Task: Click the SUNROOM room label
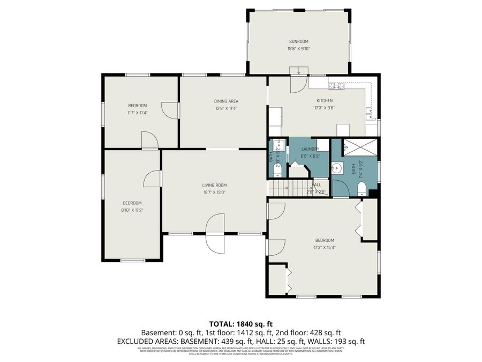[x=298, y=41]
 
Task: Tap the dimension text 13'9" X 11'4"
[x=226, y=108]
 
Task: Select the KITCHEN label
[x=324, y=101]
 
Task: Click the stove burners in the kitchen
[x=336, y=86]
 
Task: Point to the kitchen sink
[x=370, y=112]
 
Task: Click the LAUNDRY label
[x=310, y=149]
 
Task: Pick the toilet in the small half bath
[x=276, y=171]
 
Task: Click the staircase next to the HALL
[x=281, y=188]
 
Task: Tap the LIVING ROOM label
[x=214, y=186]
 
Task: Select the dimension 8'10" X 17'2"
[x=132, y=210]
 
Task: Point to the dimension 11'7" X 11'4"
[x=137, y=113]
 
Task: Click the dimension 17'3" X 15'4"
[x=324, y=247]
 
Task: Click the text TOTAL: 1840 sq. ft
[x=240, y=324]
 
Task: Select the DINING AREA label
[x=226, y=101]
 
